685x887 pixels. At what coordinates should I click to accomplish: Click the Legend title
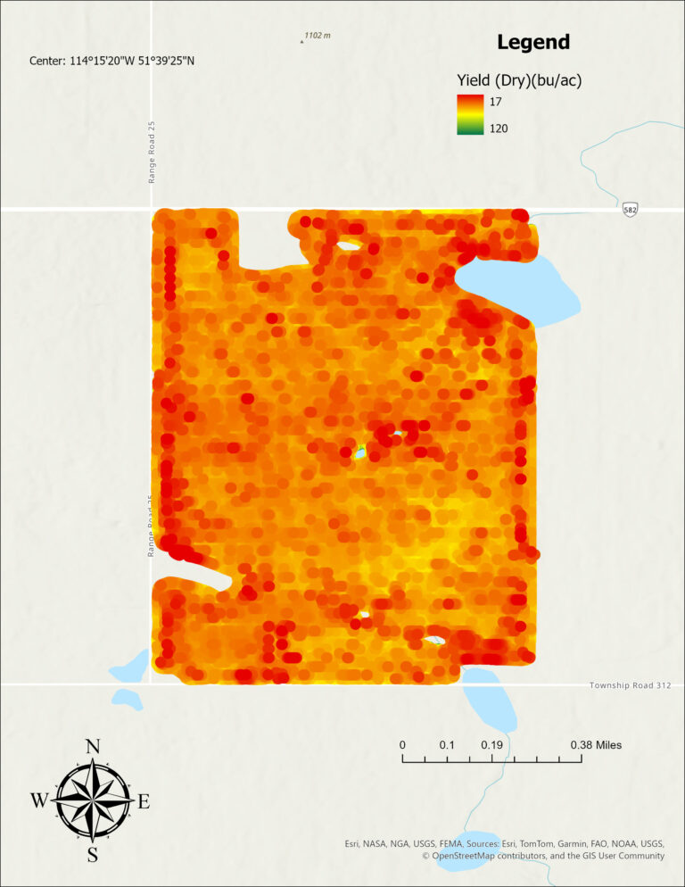(x=532, y=42)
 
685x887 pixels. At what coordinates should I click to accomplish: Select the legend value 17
(x=496, y=102)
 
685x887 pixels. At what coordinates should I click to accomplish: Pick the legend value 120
(x=499, y=128)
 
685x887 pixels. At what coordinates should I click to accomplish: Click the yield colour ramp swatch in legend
(x=470, y=115)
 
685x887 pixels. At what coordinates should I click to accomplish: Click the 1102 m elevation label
(x=317, y=36)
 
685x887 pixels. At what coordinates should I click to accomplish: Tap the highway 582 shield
(x=631, y=209)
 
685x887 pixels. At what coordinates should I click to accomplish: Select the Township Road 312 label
(x=630, y=685)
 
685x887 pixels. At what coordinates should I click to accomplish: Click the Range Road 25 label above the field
(x=153, y=153)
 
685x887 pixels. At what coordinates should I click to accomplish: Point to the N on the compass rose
(x=92, y=747)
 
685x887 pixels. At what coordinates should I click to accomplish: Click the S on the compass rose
(x=92, y=856)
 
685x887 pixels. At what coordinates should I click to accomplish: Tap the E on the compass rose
(x=144, y=801)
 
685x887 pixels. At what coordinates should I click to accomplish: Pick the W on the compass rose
(x=39, y=801)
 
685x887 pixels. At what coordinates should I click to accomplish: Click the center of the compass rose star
(x=92, y=800)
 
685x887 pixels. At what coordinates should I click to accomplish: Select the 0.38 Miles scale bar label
(x=596, y=745)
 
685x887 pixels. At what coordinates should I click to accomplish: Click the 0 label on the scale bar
(x=402, y=745)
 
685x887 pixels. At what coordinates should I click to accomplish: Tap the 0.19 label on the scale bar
(x=491, y=745)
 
